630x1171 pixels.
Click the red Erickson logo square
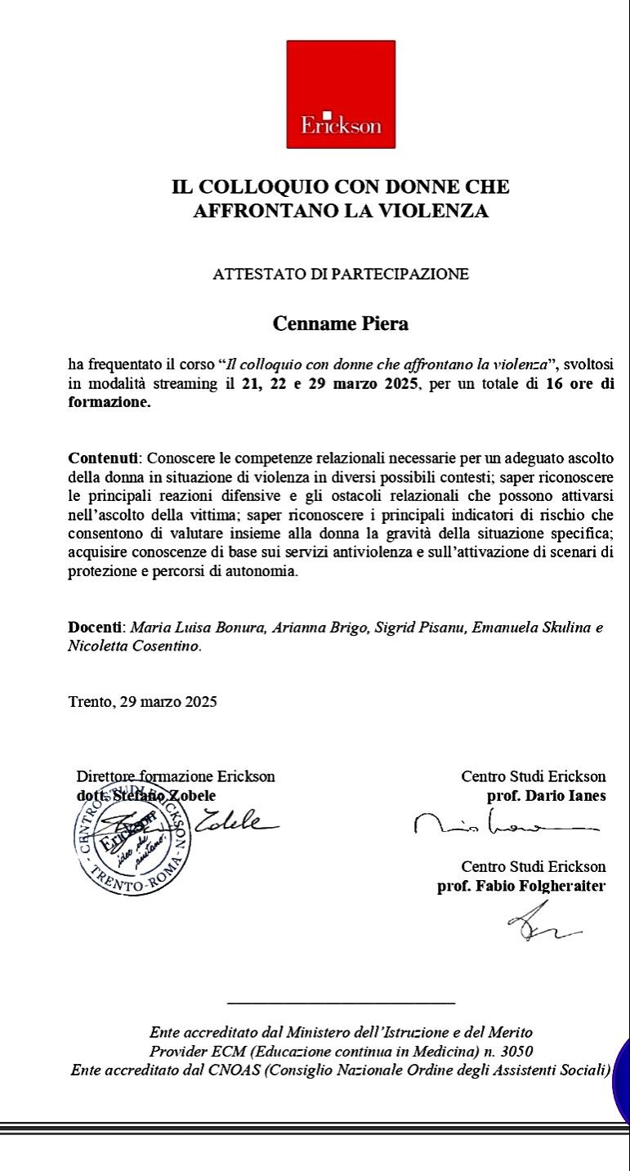pyautogui.click(x=341, y=94)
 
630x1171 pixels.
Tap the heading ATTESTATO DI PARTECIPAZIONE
pyautogui.click(x=341, y=275)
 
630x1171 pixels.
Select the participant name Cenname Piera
pyautogui.click(x=341, y=324)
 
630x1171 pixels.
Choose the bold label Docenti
pyautogui.click(x=95, y=628)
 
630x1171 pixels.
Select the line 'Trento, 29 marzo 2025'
pyautogui.click(x=142, y=701)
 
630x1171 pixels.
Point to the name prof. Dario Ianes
pyautogui.click(x=546, y=796)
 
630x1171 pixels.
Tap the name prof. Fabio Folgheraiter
pyautogui.click(x=521, y=886)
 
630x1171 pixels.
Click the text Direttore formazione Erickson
pyautogui.click(x=176, y=776)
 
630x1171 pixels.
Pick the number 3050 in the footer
pyautogui.click(x=516, y=1051)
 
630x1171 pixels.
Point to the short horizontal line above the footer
pyautogui.click(x=341, y=1002)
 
